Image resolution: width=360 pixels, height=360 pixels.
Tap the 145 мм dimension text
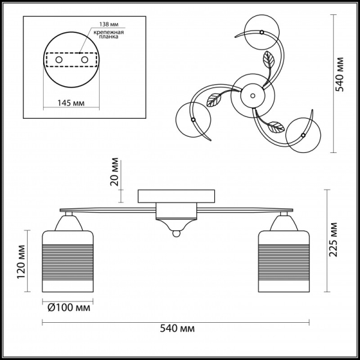pos(71,103)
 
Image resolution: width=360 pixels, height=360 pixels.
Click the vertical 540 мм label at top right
pos(340,73)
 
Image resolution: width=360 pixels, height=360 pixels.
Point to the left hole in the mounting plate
pos(58,61)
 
